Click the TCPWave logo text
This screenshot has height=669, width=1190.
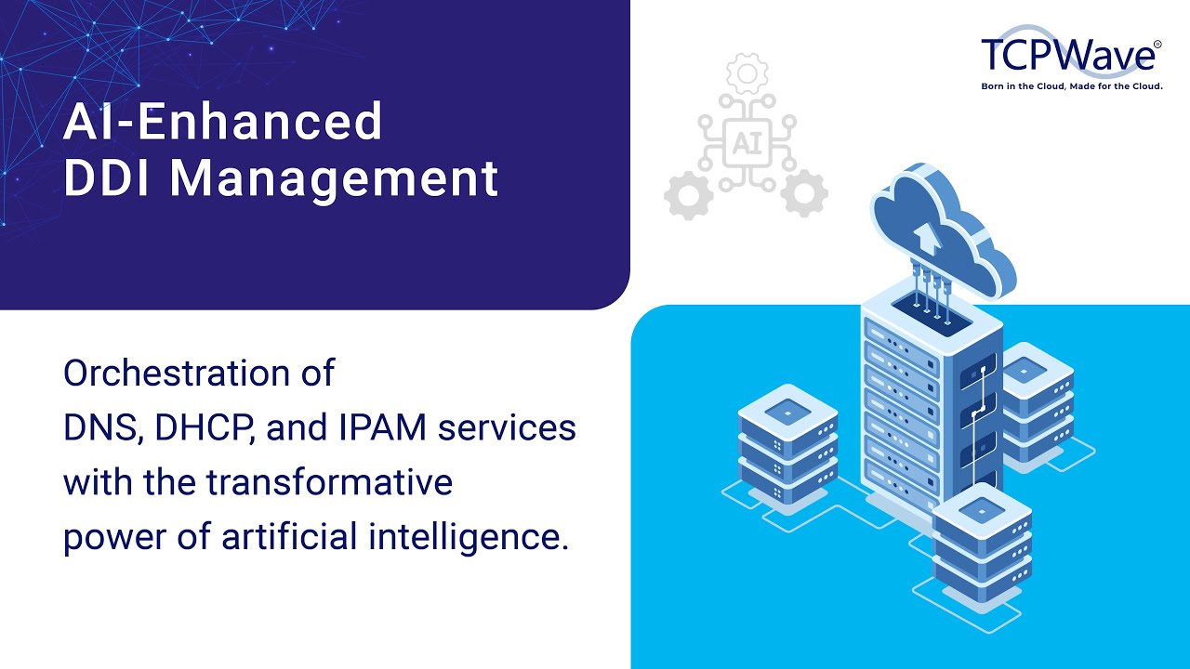(1070, 56)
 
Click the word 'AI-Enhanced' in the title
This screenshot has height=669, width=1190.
(223, 121)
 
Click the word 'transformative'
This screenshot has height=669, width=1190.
(329, 483)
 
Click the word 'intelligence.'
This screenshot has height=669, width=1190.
(477, 538)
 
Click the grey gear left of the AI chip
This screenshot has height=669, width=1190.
(689, 194)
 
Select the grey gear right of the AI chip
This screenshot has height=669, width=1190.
(804, 194)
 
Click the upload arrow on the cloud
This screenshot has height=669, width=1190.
(927, 236)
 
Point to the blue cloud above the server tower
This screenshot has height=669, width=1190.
(939, 228)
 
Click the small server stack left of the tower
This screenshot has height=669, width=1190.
(787, 441)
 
